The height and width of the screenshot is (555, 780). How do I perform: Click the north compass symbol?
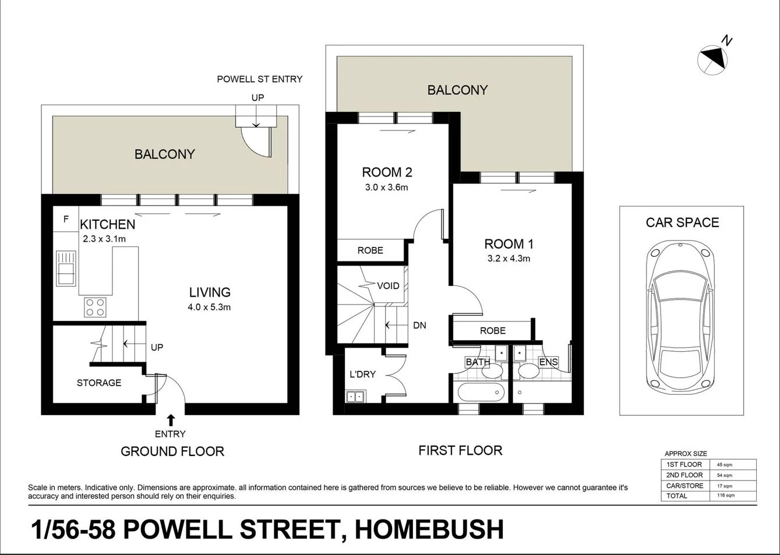pos(712,58)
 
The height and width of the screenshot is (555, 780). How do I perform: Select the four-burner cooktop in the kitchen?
pos(95,306)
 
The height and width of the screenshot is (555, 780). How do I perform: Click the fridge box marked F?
pos(66,220)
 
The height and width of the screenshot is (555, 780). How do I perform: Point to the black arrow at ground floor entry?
pos(171,420)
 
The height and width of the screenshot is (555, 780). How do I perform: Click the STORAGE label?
pos(99,383)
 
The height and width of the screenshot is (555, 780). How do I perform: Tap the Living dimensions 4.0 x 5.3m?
pos(210,307)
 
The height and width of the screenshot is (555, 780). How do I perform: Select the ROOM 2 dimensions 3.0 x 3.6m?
pos(387,187)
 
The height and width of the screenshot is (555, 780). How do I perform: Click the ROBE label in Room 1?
pos(492,330)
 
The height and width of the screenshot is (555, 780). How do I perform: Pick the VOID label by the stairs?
pos(388,285)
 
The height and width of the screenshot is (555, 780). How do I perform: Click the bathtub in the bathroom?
pos(481,393)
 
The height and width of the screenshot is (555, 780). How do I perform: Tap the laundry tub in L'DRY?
pos(354,397)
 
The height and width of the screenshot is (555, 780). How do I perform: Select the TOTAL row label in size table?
pos(677,496)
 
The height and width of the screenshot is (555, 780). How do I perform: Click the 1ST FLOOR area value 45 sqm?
pos(724,465)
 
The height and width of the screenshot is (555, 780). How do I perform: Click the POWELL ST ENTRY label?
pos(260,79)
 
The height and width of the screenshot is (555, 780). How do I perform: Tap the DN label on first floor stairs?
pos(419,325)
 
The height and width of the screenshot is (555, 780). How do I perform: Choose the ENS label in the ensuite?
pos(548,362)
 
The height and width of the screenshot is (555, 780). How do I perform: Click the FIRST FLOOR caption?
pos(460,450)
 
